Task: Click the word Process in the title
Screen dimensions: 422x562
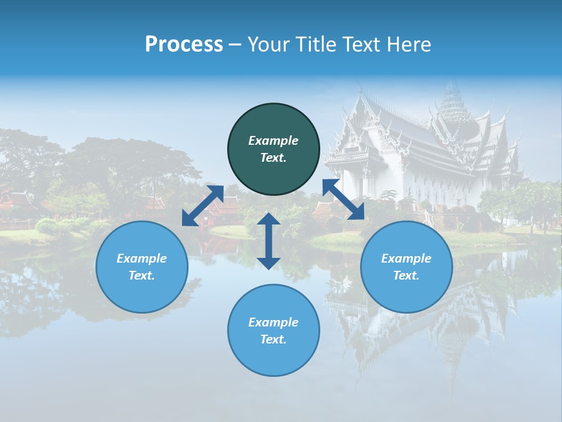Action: (x=184, y=45)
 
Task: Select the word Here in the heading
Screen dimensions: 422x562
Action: (x=407, y=45)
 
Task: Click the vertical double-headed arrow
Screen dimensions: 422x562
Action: (x=269, y=241)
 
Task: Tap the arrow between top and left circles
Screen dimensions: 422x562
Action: (x=203, y=205)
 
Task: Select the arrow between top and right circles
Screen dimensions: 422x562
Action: (x=343, y=199)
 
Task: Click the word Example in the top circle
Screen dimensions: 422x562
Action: (x=273, y=141)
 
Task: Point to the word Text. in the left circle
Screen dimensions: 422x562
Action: (x=142, y=275)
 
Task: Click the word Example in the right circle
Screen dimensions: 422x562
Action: (x=406, y=258)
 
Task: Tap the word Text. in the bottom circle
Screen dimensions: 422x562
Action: (x=273, y=339)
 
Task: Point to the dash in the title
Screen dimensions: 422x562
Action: (x=235, y=45)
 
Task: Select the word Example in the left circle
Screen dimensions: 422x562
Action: (x=142, y=258)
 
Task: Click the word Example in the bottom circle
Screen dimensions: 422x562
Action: (x=273, y=322)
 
